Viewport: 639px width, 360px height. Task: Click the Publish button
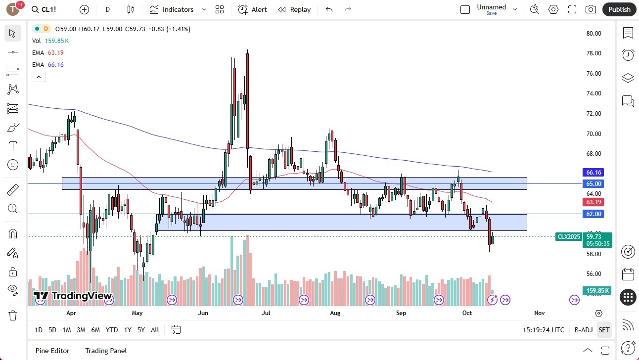[619, 9]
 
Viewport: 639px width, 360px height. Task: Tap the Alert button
[252, 9]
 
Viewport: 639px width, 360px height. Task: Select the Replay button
[294, 9]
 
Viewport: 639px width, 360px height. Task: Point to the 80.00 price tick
[593, 34]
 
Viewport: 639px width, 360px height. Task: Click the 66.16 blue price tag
[593, 173]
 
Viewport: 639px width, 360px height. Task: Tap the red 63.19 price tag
[593, 202]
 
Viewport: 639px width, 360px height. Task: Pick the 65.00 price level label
[593, 184]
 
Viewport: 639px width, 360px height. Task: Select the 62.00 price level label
[593, 214]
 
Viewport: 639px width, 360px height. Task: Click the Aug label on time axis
[335, 313]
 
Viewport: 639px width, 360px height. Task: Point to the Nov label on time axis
[539, 313]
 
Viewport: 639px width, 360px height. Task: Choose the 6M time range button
[95, 330]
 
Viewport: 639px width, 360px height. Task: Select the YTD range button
[112, 330]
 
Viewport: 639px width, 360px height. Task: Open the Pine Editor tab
[52, 351]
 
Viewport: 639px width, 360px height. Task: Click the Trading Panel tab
[106, 351]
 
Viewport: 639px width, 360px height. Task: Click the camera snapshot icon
[591, 9]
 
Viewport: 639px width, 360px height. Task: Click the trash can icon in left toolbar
[13, 315]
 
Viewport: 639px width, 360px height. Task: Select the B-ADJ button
[584, 330]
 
